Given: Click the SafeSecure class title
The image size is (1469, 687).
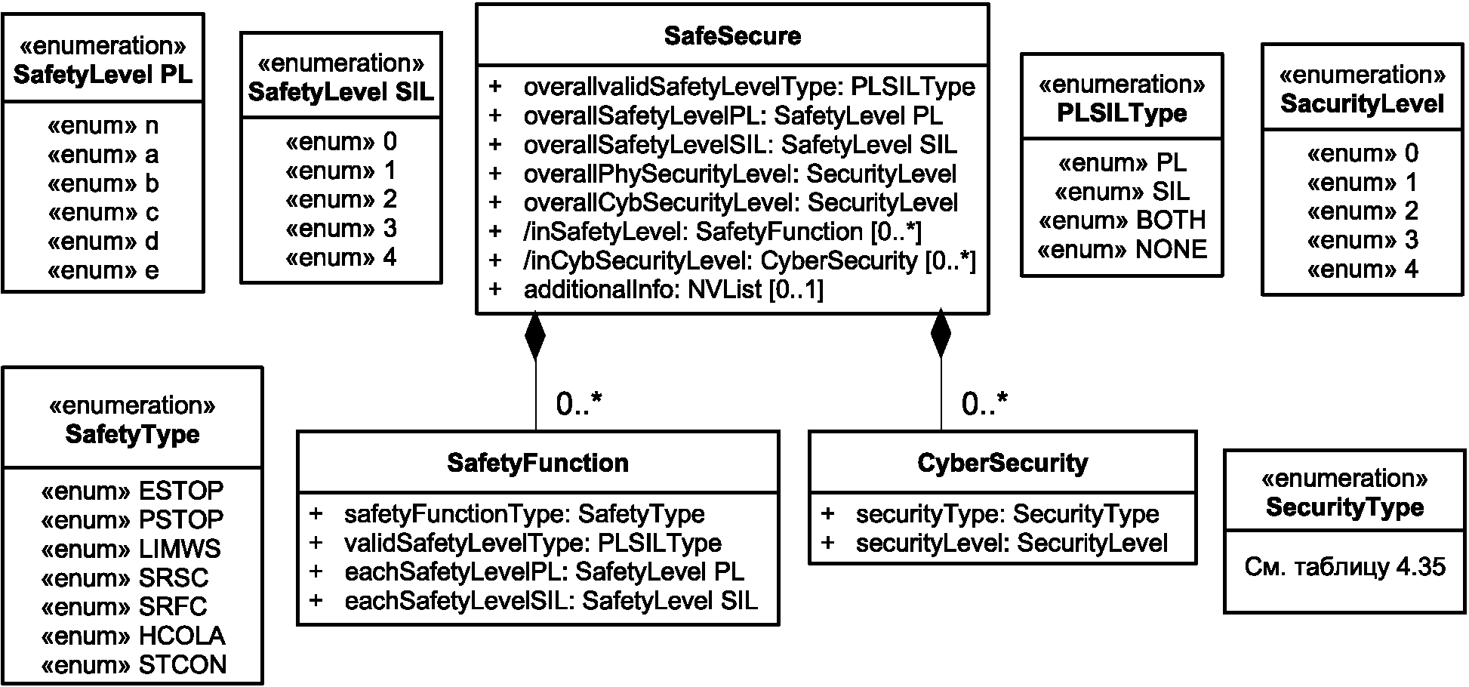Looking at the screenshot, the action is pyautogui.click(x=732, y=36).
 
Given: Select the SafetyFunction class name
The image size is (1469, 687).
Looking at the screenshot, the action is pyautogui.click(x=537, y=463).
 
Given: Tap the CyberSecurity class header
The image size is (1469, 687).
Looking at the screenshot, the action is pyautogui.click(x=1002, y=463).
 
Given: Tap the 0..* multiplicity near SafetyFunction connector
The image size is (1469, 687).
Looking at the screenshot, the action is pyautogui.click(x=579, y=405).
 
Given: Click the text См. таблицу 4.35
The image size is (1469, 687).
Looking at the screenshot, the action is pyautogui.click(x=1344, y=567).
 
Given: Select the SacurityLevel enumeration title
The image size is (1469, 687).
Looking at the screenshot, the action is pyautogui.click(x=1363, y=103).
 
